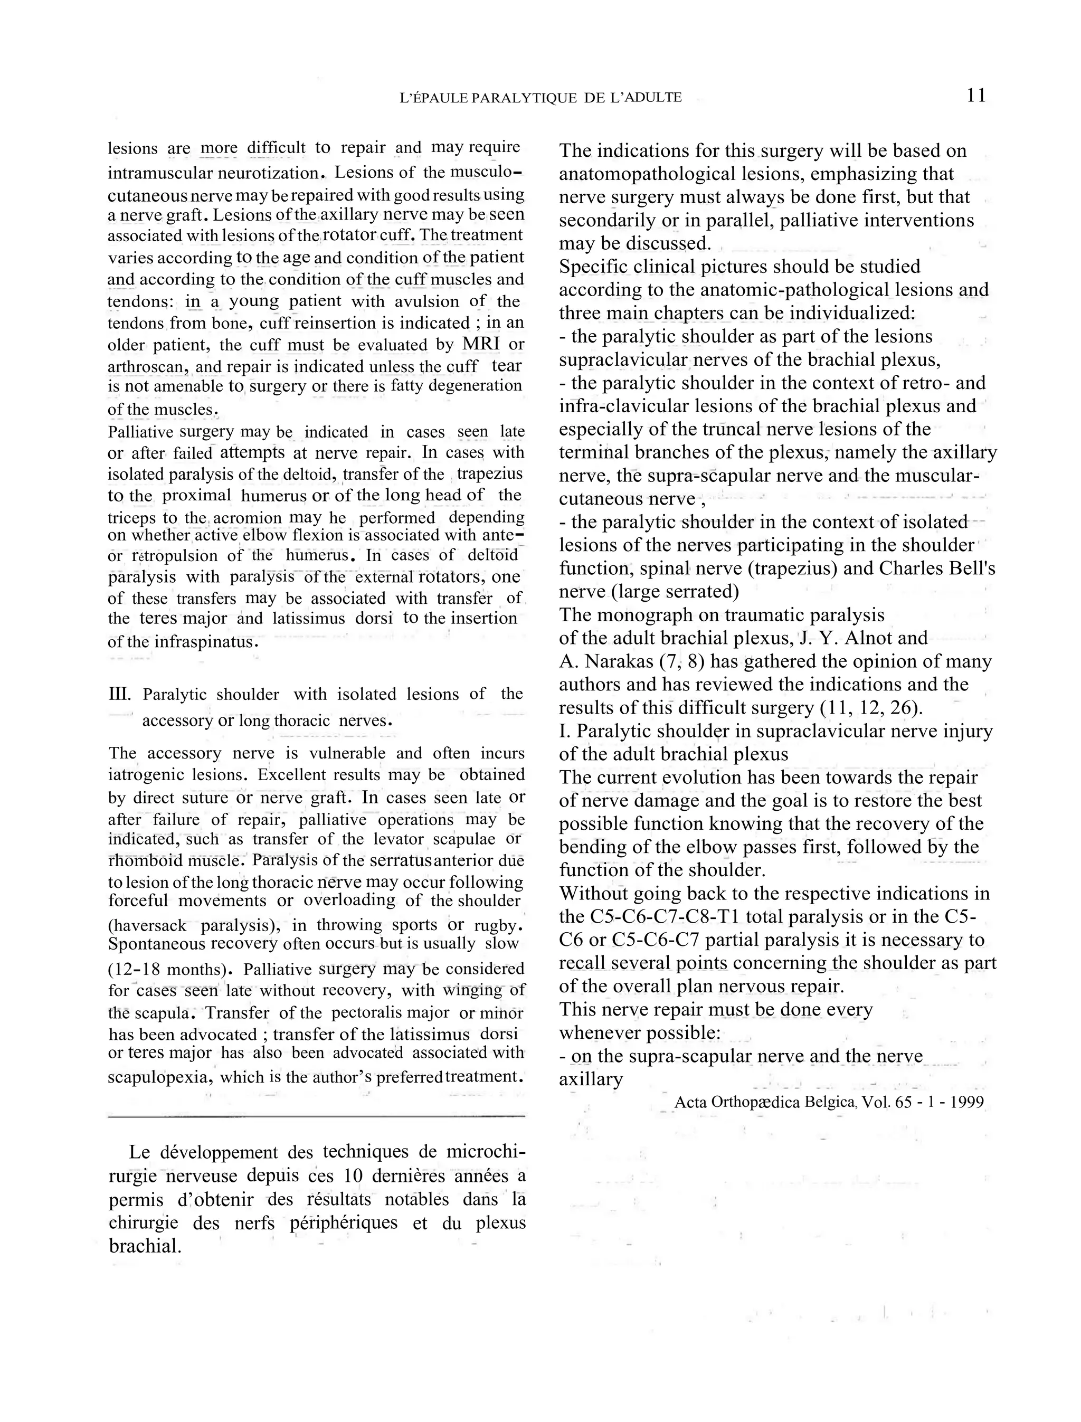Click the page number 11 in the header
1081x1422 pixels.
click(x=975, y=96)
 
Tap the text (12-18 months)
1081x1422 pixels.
click(x=170, y=969)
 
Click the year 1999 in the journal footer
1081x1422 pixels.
click(x=966, y=1102)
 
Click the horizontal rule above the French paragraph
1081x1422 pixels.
click(x=317, y=1116)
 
